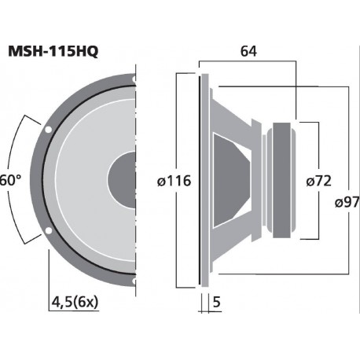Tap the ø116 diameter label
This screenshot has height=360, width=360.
[174, 180]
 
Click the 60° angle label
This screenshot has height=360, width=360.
[9, 180]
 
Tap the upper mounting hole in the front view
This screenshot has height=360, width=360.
[49, 128]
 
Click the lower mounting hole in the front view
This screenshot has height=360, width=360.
[49, 231]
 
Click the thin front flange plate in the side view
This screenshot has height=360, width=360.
[204, 180]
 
